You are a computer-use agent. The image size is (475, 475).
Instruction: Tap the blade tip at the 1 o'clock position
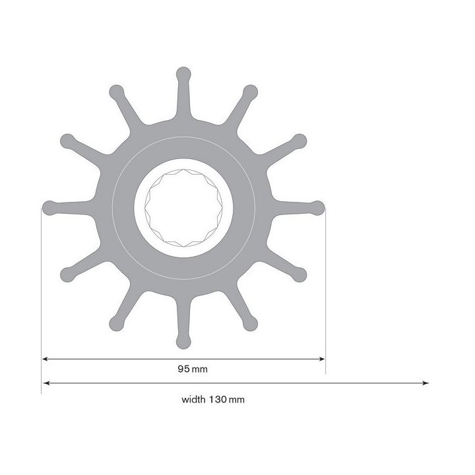coord(249,91)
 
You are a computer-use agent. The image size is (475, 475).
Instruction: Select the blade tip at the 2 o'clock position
coord(299,140)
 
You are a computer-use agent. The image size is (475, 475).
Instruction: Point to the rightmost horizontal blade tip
coord(318,207)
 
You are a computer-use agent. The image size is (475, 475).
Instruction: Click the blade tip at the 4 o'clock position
coord(299,274)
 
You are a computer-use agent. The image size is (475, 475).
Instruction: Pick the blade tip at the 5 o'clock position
coord(250,324)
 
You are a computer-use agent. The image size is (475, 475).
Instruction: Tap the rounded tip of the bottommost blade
coord(183,342)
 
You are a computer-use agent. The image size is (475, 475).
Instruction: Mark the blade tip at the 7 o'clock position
coord(115,324)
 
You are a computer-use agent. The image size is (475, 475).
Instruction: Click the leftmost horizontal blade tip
coord(48,207)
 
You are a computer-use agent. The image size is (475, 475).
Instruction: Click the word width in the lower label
coord(194,399)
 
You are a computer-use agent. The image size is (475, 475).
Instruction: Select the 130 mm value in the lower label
coord(223,399)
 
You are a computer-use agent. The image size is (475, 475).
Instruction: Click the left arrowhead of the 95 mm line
coord(46,359)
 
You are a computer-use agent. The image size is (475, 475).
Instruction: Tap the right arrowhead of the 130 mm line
coord(426,383)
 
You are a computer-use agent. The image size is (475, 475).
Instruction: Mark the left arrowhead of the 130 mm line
coord(46,383)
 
